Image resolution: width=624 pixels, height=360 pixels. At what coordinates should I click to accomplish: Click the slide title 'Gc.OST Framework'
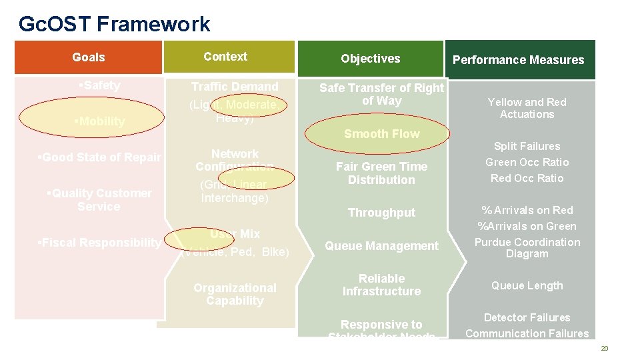pos(114,25)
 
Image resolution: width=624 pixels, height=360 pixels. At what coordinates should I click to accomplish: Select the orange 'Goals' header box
pos(89,57)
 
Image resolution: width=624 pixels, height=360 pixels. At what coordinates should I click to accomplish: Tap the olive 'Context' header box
pos(225,57)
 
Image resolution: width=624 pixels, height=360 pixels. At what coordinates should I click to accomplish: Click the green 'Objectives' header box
pos(370,59)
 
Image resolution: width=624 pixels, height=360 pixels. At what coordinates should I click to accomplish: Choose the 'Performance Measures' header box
pos(518,60)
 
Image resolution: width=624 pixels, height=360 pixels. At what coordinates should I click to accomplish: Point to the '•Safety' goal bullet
pos(99,85)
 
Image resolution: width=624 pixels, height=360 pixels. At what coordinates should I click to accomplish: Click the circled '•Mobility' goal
pos(100,121)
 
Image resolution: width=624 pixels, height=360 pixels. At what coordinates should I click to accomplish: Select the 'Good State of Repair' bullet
pos(99,157)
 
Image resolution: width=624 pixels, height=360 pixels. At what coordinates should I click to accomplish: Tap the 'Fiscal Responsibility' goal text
pos(99,243)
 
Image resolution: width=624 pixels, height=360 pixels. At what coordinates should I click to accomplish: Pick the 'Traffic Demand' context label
pos(235,87)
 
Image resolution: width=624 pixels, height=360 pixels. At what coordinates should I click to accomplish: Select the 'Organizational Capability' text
pos(235,294)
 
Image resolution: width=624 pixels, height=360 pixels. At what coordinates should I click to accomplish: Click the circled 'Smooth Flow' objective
pos(381,134)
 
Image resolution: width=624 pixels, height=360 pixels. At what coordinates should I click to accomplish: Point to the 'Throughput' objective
pos(381,213)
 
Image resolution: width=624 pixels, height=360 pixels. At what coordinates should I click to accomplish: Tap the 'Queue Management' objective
pos(381,246)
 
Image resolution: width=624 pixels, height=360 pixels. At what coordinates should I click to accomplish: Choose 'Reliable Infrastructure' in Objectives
pos(381,285)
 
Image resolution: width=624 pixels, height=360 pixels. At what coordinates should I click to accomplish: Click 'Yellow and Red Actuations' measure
pos(527,108)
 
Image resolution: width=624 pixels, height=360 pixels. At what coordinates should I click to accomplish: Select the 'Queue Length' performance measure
pos(527,285)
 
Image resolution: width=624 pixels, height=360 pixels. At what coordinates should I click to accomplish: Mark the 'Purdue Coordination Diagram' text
pos(527,248)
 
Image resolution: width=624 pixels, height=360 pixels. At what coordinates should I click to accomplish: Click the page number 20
pos(605,349)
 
